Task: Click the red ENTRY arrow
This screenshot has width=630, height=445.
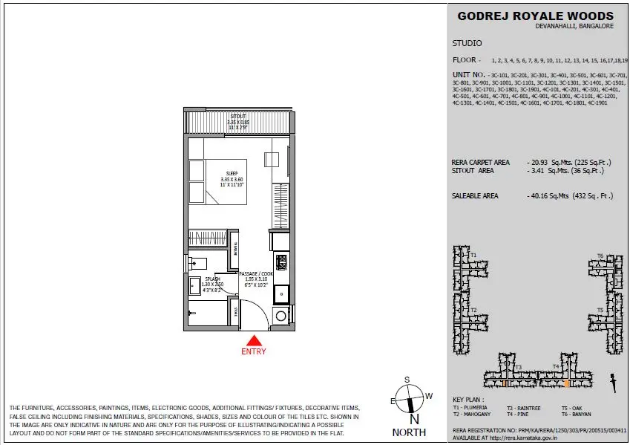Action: click(253, 340)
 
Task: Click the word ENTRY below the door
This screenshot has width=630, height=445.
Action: click(253, 351)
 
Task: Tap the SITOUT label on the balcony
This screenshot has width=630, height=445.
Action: click(237, 117)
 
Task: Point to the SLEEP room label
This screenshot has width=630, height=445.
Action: click(232, 174)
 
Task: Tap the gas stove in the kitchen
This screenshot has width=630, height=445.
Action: click(280, 262)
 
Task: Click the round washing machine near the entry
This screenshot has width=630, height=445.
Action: click(280, 316)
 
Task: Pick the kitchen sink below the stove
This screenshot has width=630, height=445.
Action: click(280, 292)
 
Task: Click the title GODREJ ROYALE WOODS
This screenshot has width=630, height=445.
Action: click(536, 16)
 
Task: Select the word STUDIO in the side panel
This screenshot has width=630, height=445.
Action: click(467, 43)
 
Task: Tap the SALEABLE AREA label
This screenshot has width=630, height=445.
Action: click(475, 196)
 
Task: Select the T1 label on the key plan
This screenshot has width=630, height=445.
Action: click(473, 254)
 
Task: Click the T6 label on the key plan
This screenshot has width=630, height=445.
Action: click(600, 256)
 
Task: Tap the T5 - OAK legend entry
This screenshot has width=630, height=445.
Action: click(574, 408)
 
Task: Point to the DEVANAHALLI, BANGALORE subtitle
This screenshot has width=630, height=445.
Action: click(576, 26)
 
